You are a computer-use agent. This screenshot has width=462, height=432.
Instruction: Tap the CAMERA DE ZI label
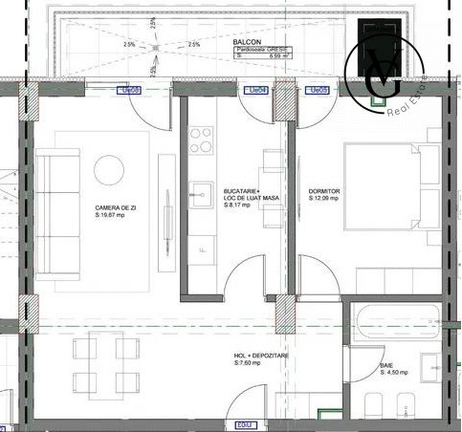click(x=114, y=207)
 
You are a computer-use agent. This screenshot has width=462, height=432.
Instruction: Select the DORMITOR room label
click(x=324, y=191)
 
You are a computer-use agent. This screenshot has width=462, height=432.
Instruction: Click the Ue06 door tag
click(x=129, y=91)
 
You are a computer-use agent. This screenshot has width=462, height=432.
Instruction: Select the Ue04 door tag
click(x=255, y=91)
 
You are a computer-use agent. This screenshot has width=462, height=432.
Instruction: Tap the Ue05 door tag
click(x=317, y=91)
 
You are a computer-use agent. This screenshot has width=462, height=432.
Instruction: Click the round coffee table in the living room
click(x=108, y=170)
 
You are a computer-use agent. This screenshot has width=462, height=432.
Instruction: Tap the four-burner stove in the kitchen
click(x=201, y=140)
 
